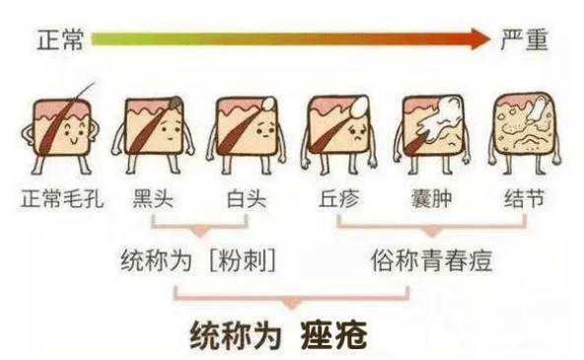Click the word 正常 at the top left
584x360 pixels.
pyautogui.click(x=57, y=40)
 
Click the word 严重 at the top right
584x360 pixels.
pyautogui.click(x=528, y=40)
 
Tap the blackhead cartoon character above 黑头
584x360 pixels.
pyautogui.click(x=152, y=133)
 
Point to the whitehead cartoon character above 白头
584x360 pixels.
pyautogui.click(x=244, y=133)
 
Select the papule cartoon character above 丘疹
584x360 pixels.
pyautogui.click(x=338, y=133)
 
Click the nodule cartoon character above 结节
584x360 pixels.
pyautogui.click(x=524, y=133)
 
